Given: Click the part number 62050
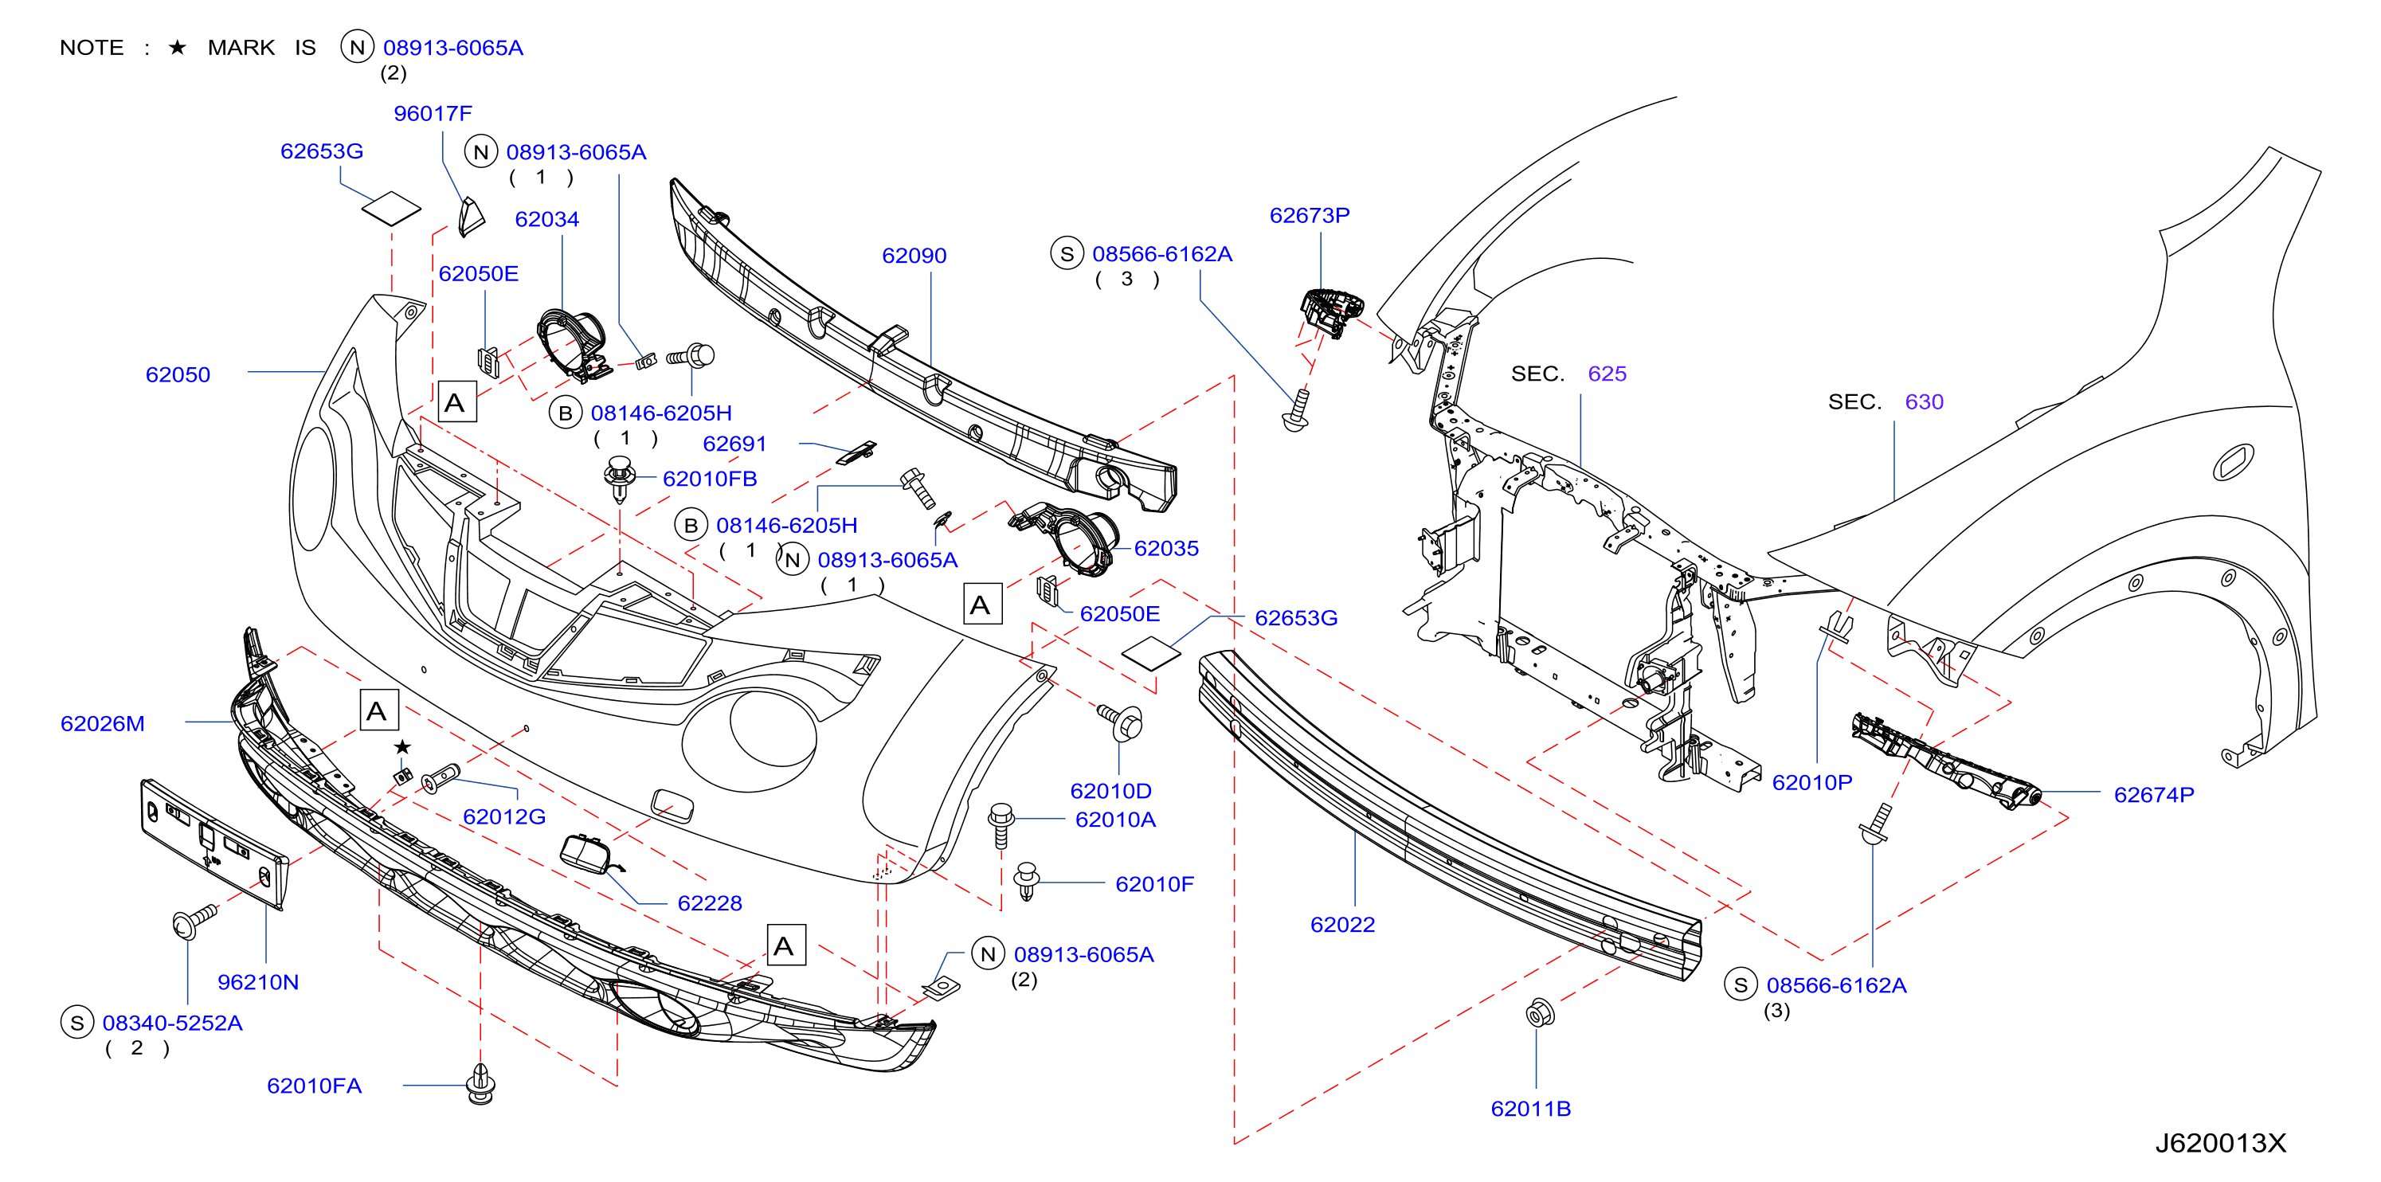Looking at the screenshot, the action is [x=178, y=374].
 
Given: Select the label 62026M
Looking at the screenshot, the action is [x=103, y=724].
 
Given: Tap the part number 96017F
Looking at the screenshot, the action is [x=433, y=113].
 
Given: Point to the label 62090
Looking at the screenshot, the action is [x=914, y=255].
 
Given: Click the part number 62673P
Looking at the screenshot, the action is [x=1310, y=215].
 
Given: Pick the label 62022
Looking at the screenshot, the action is [x=1343, y=924].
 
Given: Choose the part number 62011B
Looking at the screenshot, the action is [x=1531, y=1108].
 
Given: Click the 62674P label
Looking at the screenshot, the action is [x=2155, y=794].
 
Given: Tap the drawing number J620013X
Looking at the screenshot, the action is [x=2221, y=1143].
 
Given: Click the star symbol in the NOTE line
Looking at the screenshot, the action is [x=178, y=47].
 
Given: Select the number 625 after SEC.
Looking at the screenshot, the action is [x=1608, y=374].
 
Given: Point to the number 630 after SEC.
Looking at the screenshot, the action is [x=1925, y=401].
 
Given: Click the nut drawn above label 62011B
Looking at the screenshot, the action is [x=1540, y=1013].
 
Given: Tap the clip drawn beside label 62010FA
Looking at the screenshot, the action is [x=480, y=1084].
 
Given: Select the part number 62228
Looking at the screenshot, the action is [x=710, y=903].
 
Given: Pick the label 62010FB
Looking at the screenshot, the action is [x=710, y=479].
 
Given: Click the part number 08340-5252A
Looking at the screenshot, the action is [x=173, y=1023].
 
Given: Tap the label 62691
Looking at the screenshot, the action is [x=734, y=444].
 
